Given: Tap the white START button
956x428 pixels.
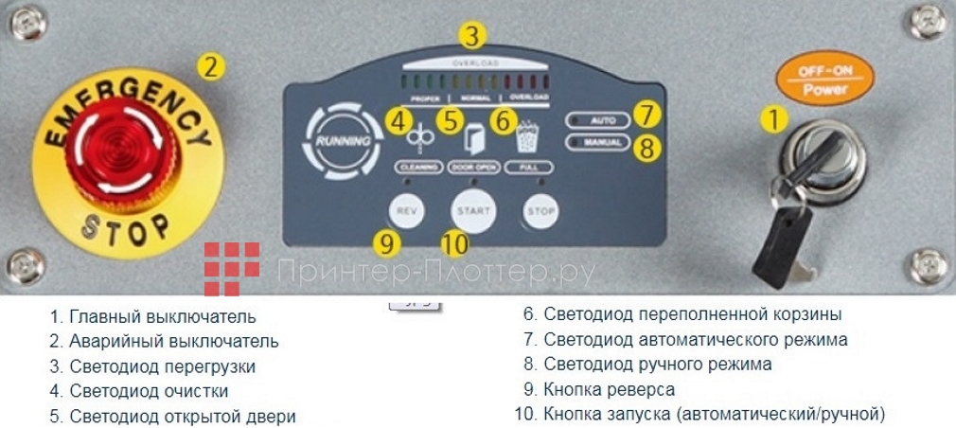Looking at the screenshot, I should pyautogui.click(x=473, y=209).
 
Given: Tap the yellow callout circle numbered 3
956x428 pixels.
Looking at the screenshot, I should pyautogui.click(x=473, y=37).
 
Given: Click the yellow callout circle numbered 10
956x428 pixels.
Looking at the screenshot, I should pyautogui.click(x=454, y=244).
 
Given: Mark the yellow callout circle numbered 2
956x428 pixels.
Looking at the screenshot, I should pyautogui.click(x=211, y=67).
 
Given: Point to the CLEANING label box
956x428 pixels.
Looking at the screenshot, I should pyautogui.click(x=416, y=166).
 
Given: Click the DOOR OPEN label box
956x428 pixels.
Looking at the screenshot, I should pyautogui.click(x=473, y=166).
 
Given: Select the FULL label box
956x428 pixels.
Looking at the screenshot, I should pyautogui.click(x=527, y=166).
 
